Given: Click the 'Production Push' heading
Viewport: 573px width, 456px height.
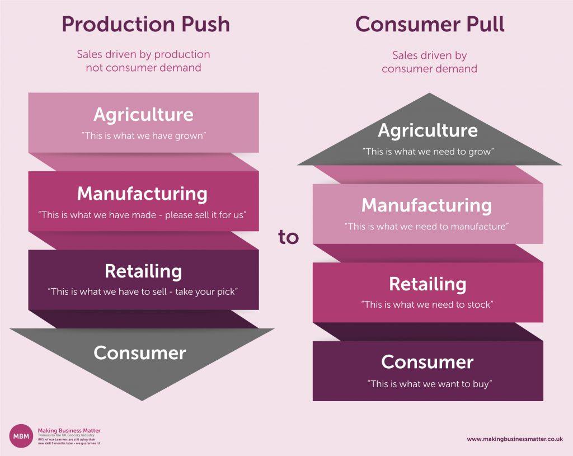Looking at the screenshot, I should point(145,25).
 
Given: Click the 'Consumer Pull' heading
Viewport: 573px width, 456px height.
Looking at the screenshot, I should point(430,25).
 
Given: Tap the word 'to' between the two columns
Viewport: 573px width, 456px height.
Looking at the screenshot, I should point(289,237).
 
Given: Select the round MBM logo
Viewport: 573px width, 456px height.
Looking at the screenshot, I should point(21,436).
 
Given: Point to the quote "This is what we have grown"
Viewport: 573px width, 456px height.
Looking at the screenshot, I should point(143,135).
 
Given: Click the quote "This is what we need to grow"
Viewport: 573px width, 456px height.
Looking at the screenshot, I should point(429,151).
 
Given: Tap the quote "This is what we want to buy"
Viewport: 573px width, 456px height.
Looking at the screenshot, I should point(429,384).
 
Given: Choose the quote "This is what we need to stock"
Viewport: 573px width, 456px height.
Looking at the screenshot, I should point(428,305).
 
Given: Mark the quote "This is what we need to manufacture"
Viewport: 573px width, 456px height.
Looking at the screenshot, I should point(428,227).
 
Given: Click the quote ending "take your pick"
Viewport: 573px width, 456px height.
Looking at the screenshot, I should point(143,292).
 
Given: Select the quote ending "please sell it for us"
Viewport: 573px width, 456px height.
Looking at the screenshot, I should point(143,214).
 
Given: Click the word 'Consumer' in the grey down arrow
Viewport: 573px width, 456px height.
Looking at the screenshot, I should point(140,352).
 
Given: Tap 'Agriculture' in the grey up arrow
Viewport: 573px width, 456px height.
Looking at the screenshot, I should point(428,130).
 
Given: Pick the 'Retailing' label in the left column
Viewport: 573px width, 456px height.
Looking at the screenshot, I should point(143,271).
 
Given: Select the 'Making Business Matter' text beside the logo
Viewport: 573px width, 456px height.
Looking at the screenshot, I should point(69,430).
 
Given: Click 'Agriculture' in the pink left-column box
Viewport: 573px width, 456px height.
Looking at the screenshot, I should point(143,115).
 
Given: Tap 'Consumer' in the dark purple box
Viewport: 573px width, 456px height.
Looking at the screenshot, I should point(428,362).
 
